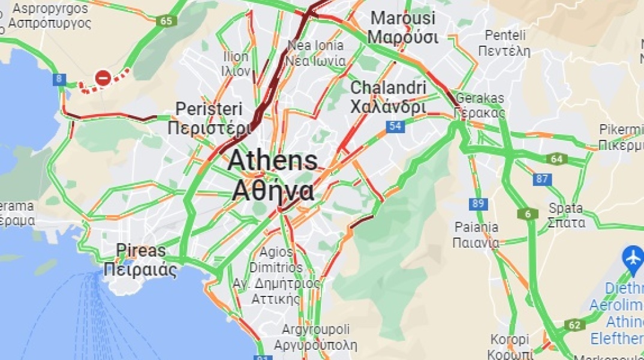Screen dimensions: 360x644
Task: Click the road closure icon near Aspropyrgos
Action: click(x=103, y=77)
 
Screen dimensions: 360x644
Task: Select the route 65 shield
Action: click(x=166, y=21)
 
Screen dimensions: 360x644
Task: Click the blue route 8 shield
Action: click(x=59, y=79)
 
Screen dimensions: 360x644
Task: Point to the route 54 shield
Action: click(x=395, y=126)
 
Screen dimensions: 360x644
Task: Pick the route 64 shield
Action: click(x=556, y=159)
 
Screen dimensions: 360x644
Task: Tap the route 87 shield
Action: click(x=543, y=179)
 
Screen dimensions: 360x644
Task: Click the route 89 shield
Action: click(x=478, y=203)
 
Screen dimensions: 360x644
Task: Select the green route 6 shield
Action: click(x=528, y=214)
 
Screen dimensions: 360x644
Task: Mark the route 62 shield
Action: click(x=574, y=325)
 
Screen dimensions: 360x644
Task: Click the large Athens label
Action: click(x=272, y=175)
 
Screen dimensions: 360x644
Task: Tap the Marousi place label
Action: click(x=403, y=27)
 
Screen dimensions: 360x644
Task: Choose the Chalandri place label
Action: click(x=388, y=97)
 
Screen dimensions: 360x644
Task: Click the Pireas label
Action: click(x=141, y=259)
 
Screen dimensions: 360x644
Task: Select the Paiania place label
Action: click(x=476, y=235)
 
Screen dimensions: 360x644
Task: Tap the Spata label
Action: click(x=566, y=215)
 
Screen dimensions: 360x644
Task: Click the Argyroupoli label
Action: click(x=315, y=337)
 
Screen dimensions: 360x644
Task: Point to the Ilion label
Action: click(x=236, y=64)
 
